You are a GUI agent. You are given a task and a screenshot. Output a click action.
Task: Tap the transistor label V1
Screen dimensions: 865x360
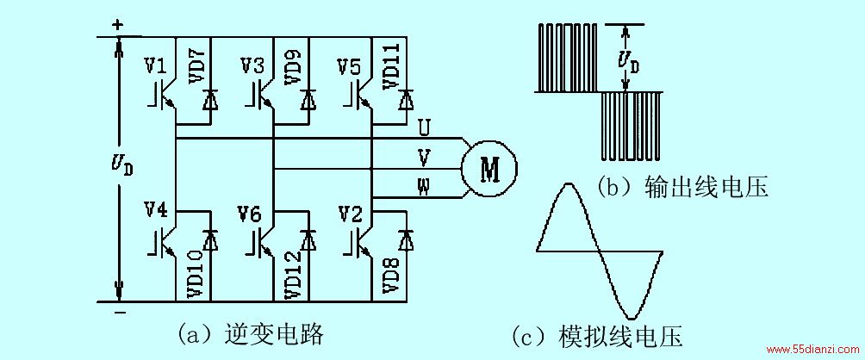click(157, 66)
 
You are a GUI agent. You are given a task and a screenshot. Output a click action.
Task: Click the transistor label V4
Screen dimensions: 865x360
click(157, 211)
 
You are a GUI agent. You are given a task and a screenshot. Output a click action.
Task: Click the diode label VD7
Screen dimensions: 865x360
click(198, 65)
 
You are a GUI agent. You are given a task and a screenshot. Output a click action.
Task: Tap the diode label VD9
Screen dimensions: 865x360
click(293, 65)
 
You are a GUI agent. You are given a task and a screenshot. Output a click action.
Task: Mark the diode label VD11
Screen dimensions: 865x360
click(390, 65)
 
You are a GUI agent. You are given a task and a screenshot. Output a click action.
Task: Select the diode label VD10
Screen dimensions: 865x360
click(197, 274)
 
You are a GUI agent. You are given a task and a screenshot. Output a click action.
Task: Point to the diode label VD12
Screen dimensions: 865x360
click(293, 274)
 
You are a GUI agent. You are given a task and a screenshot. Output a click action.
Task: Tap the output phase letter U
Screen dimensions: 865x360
click(424, 128)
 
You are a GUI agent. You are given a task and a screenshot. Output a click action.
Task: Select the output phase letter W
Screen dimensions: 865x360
click(424, 188)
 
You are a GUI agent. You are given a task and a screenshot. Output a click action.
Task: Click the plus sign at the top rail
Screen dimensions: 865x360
click(117, 25)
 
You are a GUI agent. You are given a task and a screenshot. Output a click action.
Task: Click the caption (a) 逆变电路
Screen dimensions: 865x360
click(251, 333)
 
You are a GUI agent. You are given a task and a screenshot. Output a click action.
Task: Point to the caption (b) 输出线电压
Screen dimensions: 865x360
click(682, 188)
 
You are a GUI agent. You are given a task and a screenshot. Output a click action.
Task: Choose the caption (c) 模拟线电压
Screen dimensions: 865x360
click(597, 336)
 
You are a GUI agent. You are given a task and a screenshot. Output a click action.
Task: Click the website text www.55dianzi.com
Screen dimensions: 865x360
click(812, 350)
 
